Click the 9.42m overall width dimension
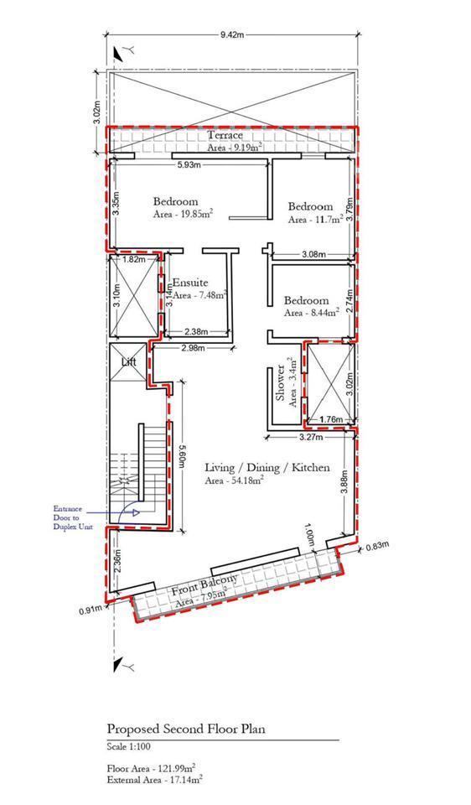click(x=231, y=34)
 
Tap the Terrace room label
click(x=225, y=136)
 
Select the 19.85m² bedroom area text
click(x=184, y=215)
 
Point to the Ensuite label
click(x=190, y=283)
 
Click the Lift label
click(x=128, y=362)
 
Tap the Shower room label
click(x=280, y=383)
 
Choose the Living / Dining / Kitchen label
click(x=267, y=468)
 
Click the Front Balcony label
click(x=205, y=585)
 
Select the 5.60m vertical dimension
click(x=180, y=455)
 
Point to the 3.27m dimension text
click(x=311, y=438)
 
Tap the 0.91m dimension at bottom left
click(x=90, y=610)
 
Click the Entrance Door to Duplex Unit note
click(x=67, y=518)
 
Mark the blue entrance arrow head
click(x=136, y=512)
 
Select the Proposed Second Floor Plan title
click(x=186, y=729)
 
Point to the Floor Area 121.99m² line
click(x=151, y=769)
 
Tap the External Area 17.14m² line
click(x=154, y=779)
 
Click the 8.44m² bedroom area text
click(x=312, y=312)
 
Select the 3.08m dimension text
click(x=311, y=253)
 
